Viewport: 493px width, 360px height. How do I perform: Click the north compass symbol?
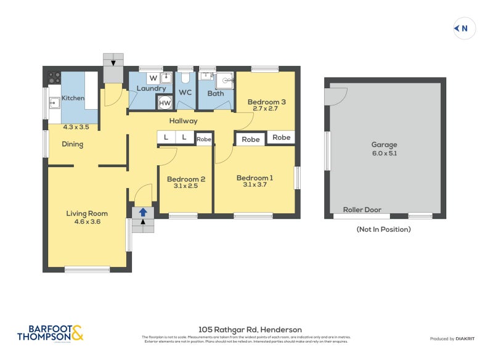point(464,28)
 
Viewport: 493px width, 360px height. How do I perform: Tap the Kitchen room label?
point(73,98)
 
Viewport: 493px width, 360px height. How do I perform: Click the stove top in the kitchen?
point(54,78)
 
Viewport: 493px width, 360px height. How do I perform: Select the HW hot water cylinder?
point(165,103)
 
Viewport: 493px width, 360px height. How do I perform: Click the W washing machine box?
point(153,78)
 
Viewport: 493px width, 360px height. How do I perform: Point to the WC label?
point(185,92)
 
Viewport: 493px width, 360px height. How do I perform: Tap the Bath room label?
point(216,94)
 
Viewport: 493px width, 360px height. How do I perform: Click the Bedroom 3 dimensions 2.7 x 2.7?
point(266,108)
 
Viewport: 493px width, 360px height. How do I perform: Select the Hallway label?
point(183,121)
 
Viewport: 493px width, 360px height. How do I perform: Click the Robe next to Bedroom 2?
point(204,139)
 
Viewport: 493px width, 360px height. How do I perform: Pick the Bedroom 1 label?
point(255,178)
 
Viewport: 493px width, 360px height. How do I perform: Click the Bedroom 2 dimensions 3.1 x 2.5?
point(185,187)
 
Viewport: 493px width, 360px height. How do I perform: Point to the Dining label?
point(72,144)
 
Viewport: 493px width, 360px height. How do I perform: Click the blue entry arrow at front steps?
point(143,213)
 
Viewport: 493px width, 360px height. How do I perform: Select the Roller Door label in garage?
point(362,210)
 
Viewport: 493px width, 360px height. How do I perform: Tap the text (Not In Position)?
point(383,229)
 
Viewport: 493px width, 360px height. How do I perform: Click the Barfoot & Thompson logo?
point(50,333)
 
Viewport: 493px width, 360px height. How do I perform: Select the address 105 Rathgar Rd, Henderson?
point(250,330)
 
